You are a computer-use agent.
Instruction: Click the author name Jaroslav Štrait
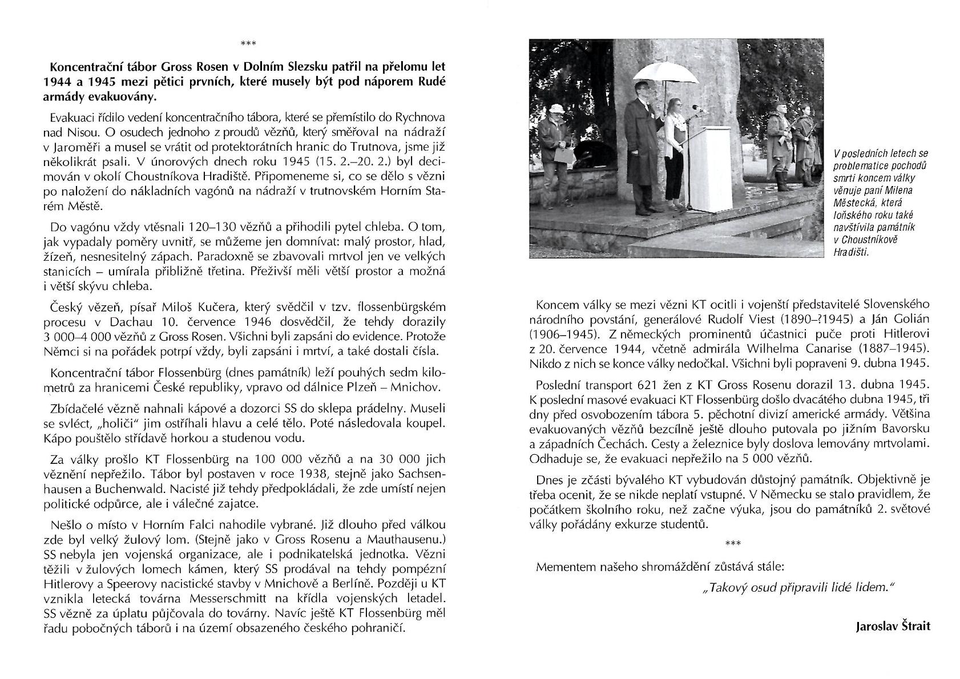893,627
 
